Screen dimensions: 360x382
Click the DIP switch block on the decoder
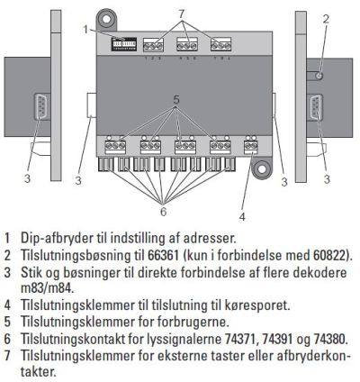click(x=124, y=44)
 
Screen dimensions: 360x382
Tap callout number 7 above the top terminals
click(x=181, y=14)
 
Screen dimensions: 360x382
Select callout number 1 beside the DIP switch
click(x=85, y=29)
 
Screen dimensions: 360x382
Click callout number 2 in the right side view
click(x=326, y=19)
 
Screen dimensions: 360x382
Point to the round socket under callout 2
click(x=319, y=76)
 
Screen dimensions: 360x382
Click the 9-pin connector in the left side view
click(x=42, y=107)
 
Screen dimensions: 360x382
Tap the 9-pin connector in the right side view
click(x=314, y=107)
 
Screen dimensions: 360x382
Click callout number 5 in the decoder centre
click(x=176, y=100)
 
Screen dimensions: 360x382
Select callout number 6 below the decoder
click(x=163, y=212)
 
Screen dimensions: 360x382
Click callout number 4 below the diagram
click(x=242, y=216)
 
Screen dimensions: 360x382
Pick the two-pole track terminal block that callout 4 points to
click(x=251, y=147)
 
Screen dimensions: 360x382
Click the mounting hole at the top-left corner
click(x=106, y=19)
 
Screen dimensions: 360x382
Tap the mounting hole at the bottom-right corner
click(x=261, y=168)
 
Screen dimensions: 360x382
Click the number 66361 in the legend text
click(x=163, y=256)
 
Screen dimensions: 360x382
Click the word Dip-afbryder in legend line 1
click(x=57, y=239)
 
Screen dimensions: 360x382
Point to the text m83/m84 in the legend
click(x=47, y=288)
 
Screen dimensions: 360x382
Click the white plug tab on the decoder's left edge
click(x=92, y=105)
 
